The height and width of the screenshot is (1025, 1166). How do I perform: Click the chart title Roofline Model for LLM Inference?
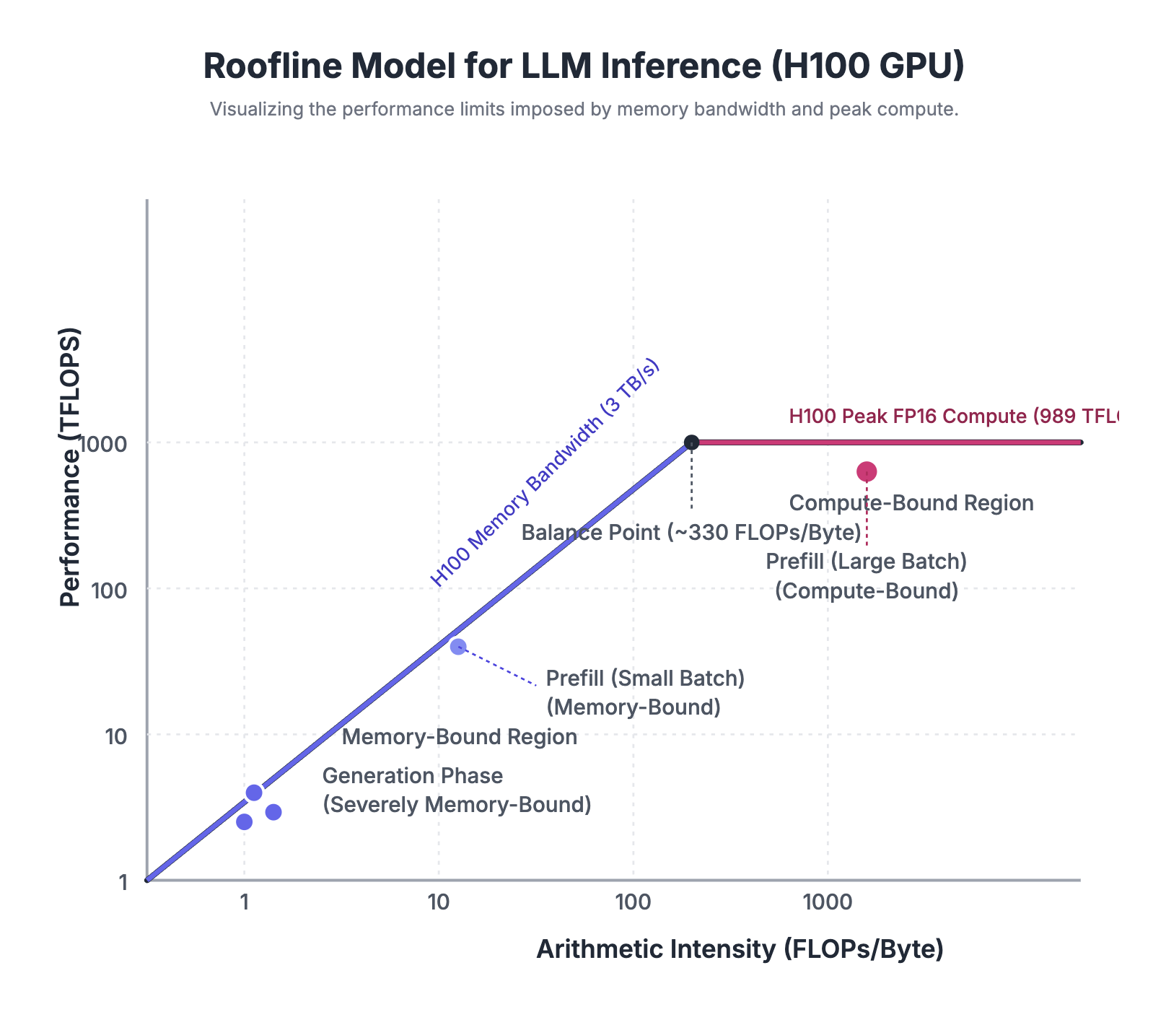pyautogui.click(x=583, y=66)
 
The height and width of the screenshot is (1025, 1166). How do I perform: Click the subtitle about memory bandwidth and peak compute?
pyautogui.click(x=583, y=110)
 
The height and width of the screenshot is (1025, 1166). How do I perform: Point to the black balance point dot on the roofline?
pyautogui.click(x=691, y=442)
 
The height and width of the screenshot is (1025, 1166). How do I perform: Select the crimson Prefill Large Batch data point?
pyautogui.click(x=867, y=471)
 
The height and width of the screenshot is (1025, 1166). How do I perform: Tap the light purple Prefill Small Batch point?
pyautogui.click(x=458, y=647)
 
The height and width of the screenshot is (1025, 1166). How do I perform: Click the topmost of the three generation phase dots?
pyautogui.click(x=254, y=793)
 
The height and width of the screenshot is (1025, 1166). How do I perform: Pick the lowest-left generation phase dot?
pyautogui.click(x=245, y=821)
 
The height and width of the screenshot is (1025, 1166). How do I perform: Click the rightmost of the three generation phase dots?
pyautogui.click(x=273, y=812)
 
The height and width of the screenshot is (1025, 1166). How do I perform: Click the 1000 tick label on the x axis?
pyautogui.click(x=827, y=902)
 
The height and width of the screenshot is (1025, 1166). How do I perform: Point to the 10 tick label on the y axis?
pyautogui.click(x=116, y=736)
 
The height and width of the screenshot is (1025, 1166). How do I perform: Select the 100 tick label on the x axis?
pyautogui.click(x=633, y=902)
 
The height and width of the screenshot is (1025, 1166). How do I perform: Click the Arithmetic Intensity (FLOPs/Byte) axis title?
pyautogui.click(x=740, y=949)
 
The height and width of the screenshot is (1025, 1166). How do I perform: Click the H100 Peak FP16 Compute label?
pyautogui.click(x=952, y=416)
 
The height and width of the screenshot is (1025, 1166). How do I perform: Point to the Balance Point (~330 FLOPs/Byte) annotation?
pyautogui.click(x=691, y=533)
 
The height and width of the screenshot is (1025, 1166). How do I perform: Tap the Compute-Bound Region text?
pyautogui.click(x=911, y=503)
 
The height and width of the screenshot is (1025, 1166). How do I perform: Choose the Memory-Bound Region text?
pyautogui.click(x=459, y=737)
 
